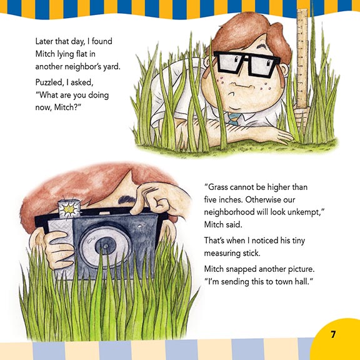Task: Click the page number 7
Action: [333, 334]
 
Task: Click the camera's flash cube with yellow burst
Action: [69, 209]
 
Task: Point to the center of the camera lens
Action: [106, 246]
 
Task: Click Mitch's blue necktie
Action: [234, 119]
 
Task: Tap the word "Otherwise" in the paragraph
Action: [262, 199]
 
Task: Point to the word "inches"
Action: [229, 199]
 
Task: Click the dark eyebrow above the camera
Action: [126, 200]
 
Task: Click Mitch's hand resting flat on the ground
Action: [280, 136]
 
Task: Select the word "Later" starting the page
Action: [44, 41]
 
